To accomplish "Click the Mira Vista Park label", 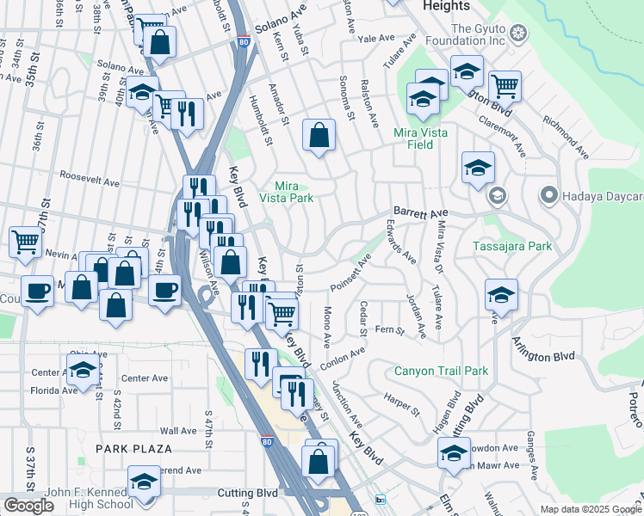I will click(x=293, y=192).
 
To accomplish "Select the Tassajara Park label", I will click(x=512, y=247).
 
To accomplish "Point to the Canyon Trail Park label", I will click(x=441, y=372).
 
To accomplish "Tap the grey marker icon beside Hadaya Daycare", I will click(x=548, y=196).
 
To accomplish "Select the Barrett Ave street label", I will click(x=421, y=212).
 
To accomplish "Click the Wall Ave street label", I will click(x=178, y=431).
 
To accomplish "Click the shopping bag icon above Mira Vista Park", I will click(x=319, y=135).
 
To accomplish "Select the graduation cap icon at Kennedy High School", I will click(x=144, y=482).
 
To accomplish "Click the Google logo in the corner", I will click(x=28, y=506).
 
